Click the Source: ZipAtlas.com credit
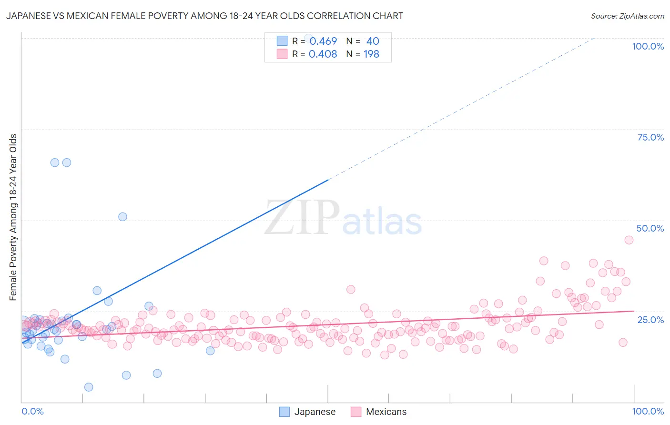[627, 16]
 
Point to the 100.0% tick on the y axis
[648, 46]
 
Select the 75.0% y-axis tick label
[650, 137]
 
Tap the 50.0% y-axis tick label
[650, 228]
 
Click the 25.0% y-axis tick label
[650, 319]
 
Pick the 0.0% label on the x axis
[32, 411]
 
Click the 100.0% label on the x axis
[648, 411]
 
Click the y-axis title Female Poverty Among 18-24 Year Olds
[13, 217]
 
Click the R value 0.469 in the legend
[323, 41]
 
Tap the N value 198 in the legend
[371, 54]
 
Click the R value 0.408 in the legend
[323, 54]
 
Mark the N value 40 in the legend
[373, 41]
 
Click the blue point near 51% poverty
[122, 217]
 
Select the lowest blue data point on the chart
[89, 387]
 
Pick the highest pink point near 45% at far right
[629, 240]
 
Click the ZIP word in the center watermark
[302, 218]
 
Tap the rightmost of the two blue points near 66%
[67, 162]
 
